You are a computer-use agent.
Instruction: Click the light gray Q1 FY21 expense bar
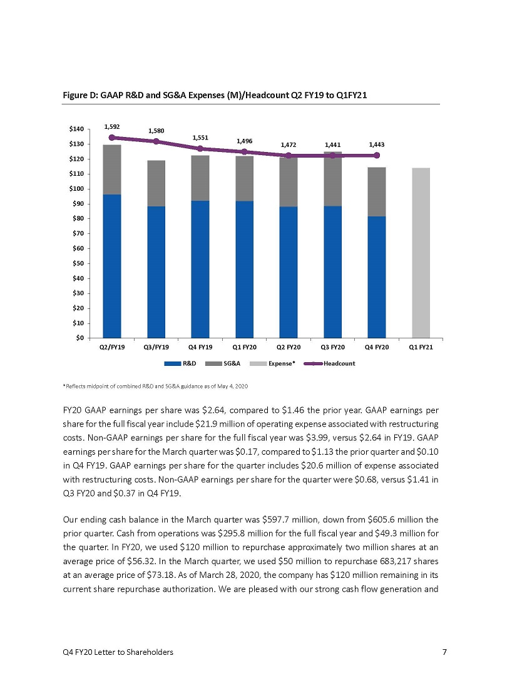[x=421, y=253]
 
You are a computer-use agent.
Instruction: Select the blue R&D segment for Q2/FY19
[x=112, y=266]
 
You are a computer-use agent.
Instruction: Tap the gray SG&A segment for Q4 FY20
[x=377, y=192]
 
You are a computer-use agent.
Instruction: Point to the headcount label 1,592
[x=112, y=127]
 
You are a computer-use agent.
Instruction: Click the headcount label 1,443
[x=377, y=144]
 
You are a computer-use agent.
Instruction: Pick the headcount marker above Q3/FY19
[x=156, y=141]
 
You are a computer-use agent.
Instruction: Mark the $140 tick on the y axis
[x=89, y=129]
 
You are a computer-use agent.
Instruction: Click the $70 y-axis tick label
[x=78, y=233]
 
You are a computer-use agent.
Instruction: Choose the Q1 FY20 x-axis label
[x=245, y=347]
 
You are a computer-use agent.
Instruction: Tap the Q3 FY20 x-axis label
[x=333, y=347]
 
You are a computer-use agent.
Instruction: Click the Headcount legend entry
[x=329, y=363]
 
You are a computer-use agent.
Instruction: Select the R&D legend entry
[x=180, y=363]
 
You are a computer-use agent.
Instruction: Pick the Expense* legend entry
[x=272, y=363]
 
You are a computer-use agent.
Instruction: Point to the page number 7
[x=444, y=652]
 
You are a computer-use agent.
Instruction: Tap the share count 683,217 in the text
[x=396, y=561]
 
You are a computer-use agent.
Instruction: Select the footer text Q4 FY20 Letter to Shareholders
[x=118, y=652]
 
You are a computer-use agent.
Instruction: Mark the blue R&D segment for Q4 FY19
[x=200, y=270]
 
